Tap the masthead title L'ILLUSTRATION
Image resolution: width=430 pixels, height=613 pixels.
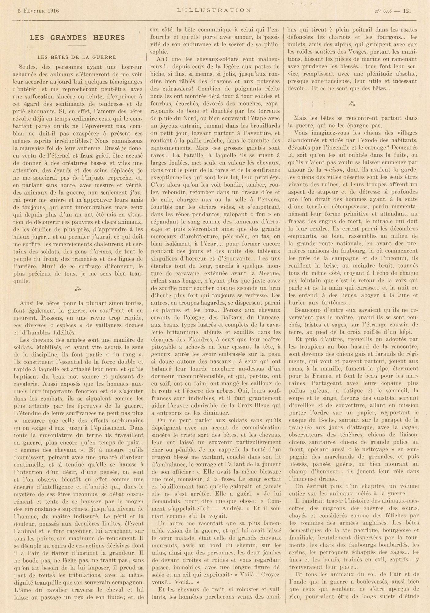214,10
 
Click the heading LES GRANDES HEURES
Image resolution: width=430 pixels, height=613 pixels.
77,38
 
